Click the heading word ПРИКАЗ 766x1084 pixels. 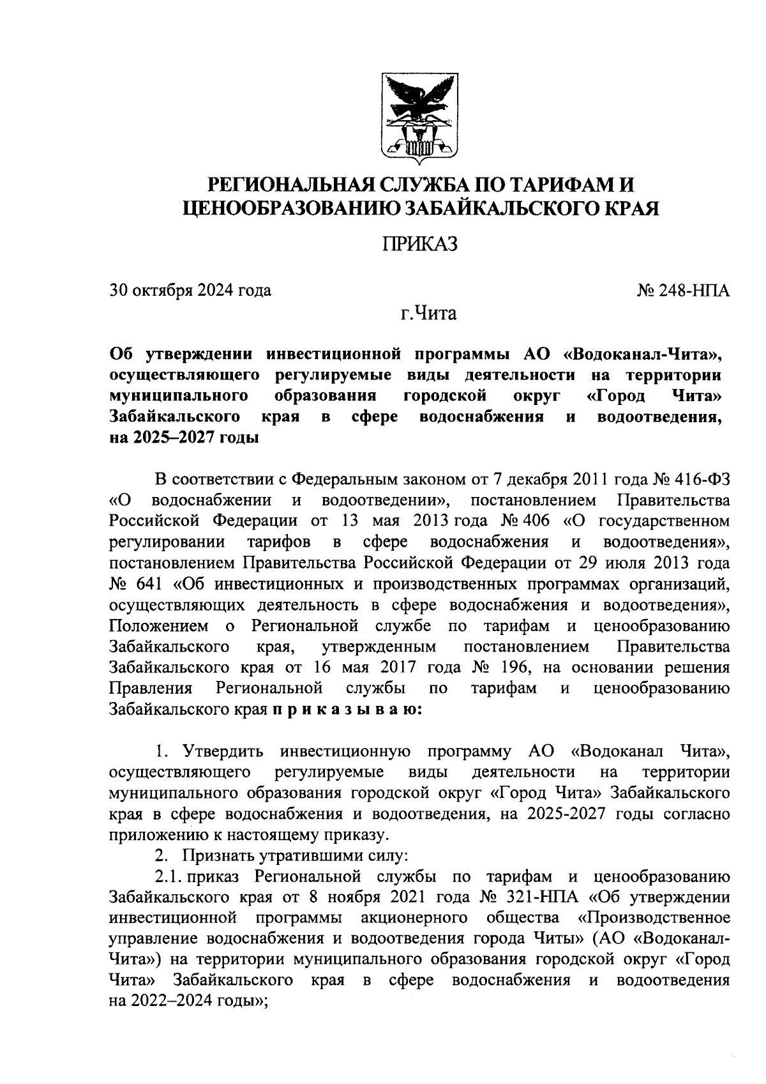pos(419,244)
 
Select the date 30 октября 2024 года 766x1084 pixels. pos(190,291)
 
